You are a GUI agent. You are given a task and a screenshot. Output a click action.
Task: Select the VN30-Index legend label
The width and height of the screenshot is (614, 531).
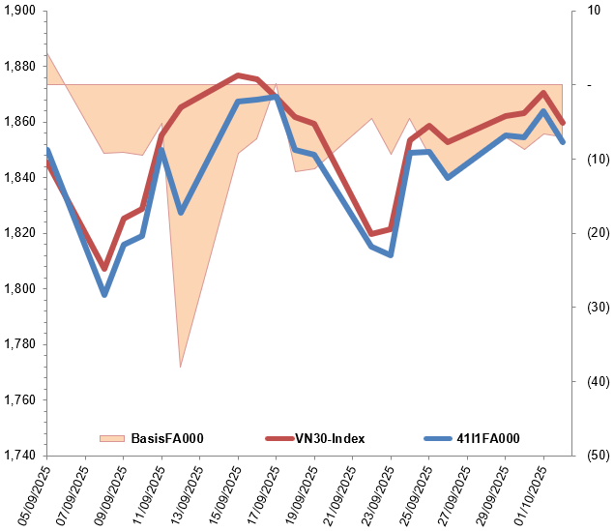coord(330,438)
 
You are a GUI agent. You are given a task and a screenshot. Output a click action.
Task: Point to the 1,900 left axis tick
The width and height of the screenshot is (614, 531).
coord(19,11)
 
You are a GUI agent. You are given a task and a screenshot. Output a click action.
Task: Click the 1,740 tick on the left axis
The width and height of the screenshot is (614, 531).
coord(19,456)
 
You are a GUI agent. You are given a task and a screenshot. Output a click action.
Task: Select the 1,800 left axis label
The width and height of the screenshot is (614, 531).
coord(19,289)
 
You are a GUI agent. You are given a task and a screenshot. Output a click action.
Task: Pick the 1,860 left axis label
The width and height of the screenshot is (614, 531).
coord(19,122)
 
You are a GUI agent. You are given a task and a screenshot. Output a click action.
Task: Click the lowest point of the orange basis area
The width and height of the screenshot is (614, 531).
coord(180,368)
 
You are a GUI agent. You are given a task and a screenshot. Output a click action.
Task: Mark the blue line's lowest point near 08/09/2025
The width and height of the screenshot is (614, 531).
coord(104,294)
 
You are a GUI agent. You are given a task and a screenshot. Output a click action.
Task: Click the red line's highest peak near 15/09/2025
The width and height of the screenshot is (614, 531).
coord(238,74)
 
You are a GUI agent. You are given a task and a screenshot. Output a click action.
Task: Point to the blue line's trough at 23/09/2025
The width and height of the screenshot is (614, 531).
coord(391,255)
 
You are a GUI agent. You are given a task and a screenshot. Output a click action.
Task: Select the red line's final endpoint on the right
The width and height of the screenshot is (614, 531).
coord(563,123)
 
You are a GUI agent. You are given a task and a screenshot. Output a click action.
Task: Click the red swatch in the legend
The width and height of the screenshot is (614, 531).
coord(278,438)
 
